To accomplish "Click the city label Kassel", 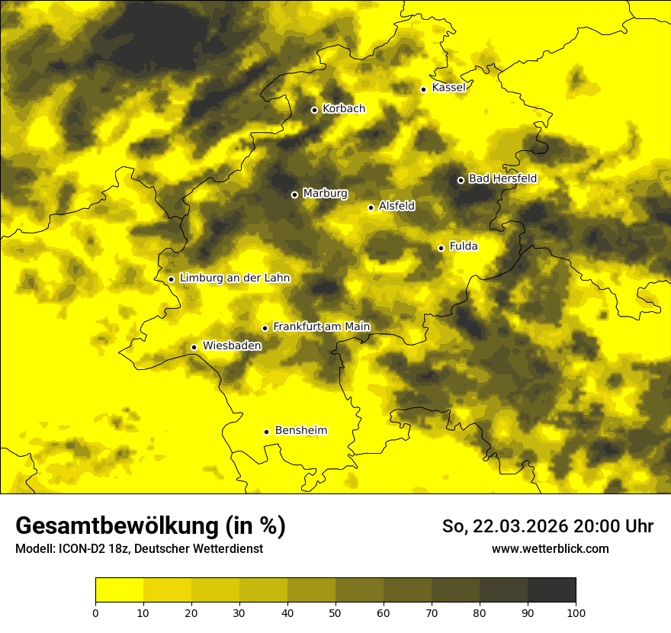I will (x=448, y=88).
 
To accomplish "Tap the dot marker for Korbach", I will (x=314, y=110).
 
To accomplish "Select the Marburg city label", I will (x=325, y=194).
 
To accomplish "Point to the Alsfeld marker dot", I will (x=371, y=207).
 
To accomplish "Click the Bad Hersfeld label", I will (x=502, y=179).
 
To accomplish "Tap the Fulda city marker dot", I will (x=441, y=248).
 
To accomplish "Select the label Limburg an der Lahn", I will (x=234, y=278).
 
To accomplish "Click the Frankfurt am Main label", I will (x=321, y=327).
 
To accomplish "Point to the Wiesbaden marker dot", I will (x=194, y=347).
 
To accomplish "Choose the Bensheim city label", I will (x=300, y=431).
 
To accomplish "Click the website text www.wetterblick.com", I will (x=550, y=549).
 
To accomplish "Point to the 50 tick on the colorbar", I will (x=335, y=612).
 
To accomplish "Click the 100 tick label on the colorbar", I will (x=576, y=612).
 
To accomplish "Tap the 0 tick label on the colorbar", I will (x=95, y=612).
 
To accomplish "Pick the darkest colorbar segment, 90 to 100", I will (x=551, y=590).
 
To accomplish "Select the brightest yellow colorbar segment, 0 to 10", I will (x=119, y=590).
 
